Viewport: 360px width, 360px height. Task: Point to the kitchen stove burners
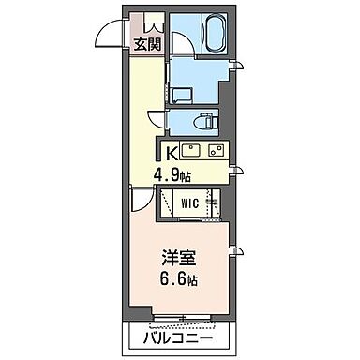[217, 150]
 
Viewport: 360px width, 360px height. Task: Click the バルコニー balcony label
[178, 337]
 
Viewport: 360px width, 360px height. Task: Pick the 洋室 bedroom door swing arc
[142, 200]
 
